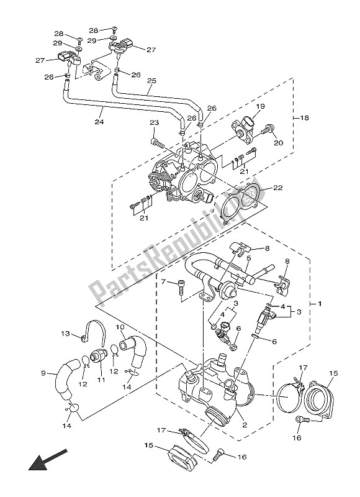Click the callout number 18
pyautogui.click(x=304, y=118)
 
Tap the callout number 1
pyautogui.click(x=320, y=304)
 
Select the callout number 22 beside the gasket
pyautogui.click(x=277, y=188)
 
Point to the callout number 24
pyautogui.click(x=99, y=121)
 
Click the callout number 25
pyautogui.click(x=151, y=81)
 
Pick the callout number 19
pyautogui.click(x=260, y=106)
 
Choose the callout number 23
pyautogui.click(x=154, y=122)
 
